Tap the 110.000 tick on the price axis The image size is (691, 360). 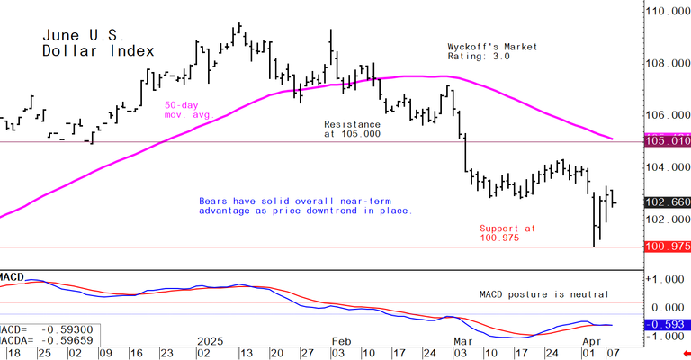pos(667,12)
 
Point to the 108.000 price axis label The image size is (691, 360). pos(667,64)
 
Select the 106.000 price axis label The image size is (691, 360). pos(667,116)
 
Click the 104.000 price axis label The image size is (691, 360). pos(667,168)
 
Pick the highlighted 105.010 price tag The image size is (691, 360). pos(667,141)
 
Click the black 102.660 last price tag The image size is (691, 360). pos(667,202)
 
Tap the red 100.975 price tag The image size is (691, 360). pos(667,247)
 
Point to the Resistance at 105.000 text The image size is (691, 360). pos(352,128)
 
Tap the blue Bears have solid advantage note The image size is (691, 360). pos(305,205)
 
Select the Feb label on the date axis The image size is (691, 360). pos(340,343)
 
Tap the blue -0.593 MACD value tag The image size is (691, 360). pos(667,324)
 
